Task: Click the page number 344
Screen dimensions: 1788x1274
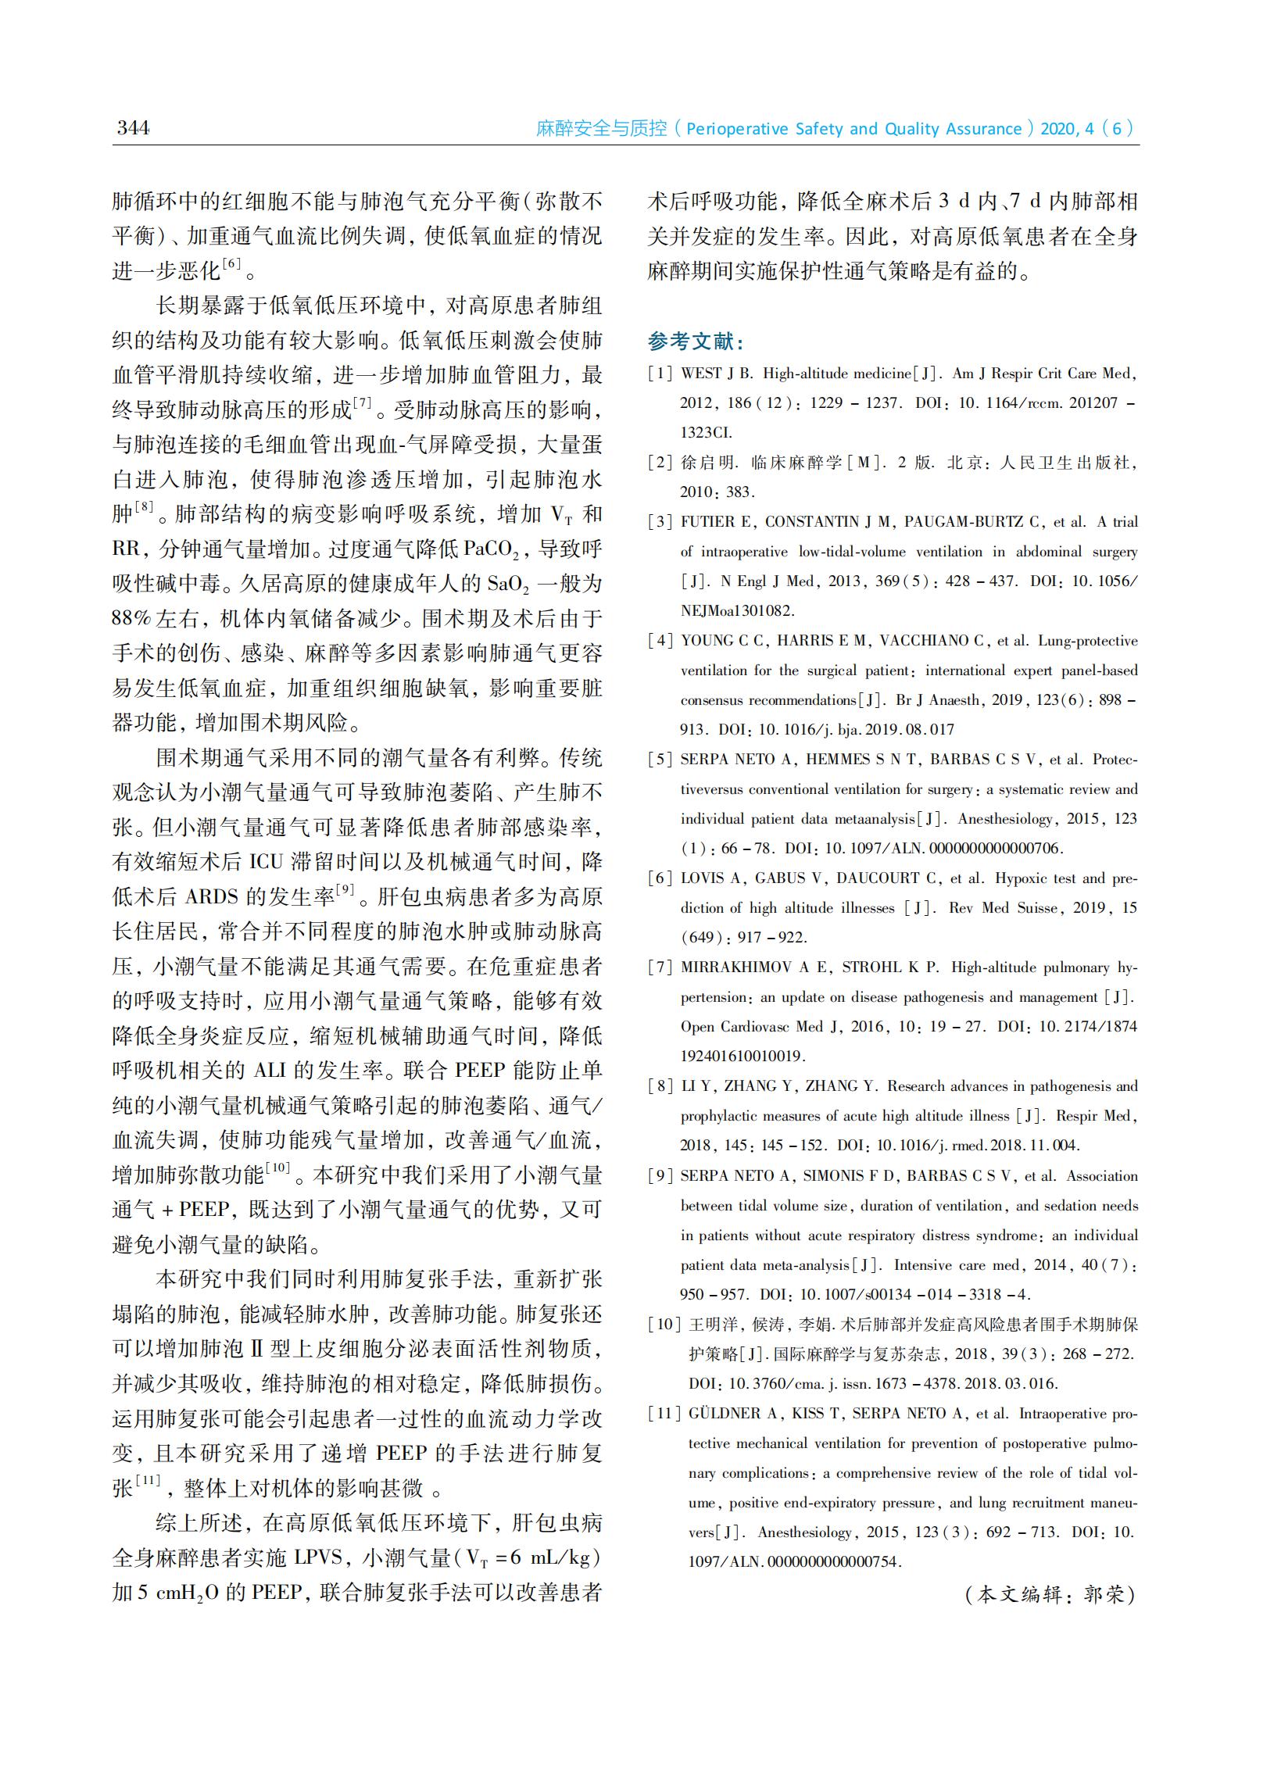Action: [133, 128]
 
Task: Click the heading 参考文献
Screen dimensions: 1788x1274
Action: [695, 342]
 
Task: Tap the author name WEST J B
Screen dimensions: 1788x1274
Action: [716, 374]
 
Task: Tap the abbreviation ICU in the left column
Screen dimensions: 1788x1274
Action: [266, 862]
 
